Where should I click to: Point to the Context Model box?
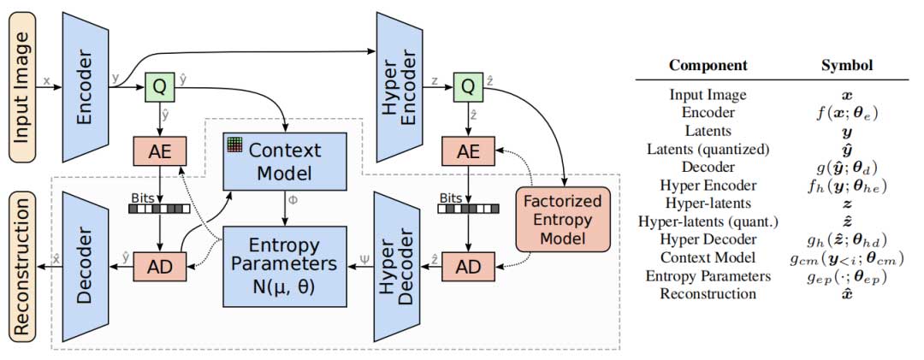[x=284, y=162]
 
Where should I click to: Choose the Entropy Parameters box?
[x=284, y=266]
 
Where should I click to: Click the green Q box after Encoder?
[x=158, y=86]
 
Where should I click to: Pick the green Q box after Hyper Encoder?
[x=467, y=86]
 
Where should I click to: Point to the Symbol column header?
[x=846, y=65]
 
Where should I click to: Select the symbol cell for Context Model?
[x=846, y=257]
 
